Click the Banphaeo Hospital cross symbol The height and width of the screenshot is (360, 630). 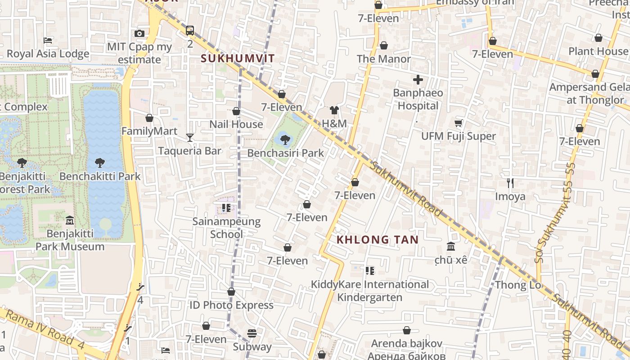point(418,80)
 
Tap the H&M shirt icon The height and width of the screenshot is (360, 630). point(334,110)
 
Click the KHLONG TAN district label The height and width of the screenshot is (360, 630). point(378,240)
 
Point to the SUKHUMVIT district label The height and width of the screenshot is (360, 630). point(238,58)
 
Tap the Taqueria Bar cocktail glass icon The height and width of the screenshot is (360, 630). point(190,137)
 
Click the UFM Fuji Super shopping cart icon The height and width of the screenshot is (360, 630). point(459,123)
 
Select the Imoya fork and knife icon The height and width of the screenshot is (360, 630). point(510,183)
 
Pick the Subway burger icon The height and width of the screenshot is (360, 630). point(252,333)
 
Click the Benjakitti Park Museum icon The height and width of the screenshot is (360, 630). point(70,220)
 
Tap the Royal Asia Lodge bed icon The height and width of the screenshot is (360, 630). point(48,40)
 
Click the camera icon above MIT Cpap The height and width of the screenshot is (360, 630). point(139,33)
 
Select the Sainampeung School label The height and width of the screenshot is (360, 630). point(226,228)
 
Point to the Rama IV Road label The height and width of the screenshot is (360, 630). point(40,327)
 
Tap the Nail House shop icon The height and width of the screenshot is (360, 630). point(236,111)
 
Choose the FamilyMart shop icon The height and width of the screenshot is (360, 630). point(149,118)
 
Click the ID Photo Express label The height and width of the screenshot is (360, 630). point(231,305)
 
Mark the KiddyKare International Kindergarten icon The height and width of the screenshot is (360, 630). point(369,271)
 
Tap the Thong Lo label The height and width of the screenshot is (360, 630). point(517,285)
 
